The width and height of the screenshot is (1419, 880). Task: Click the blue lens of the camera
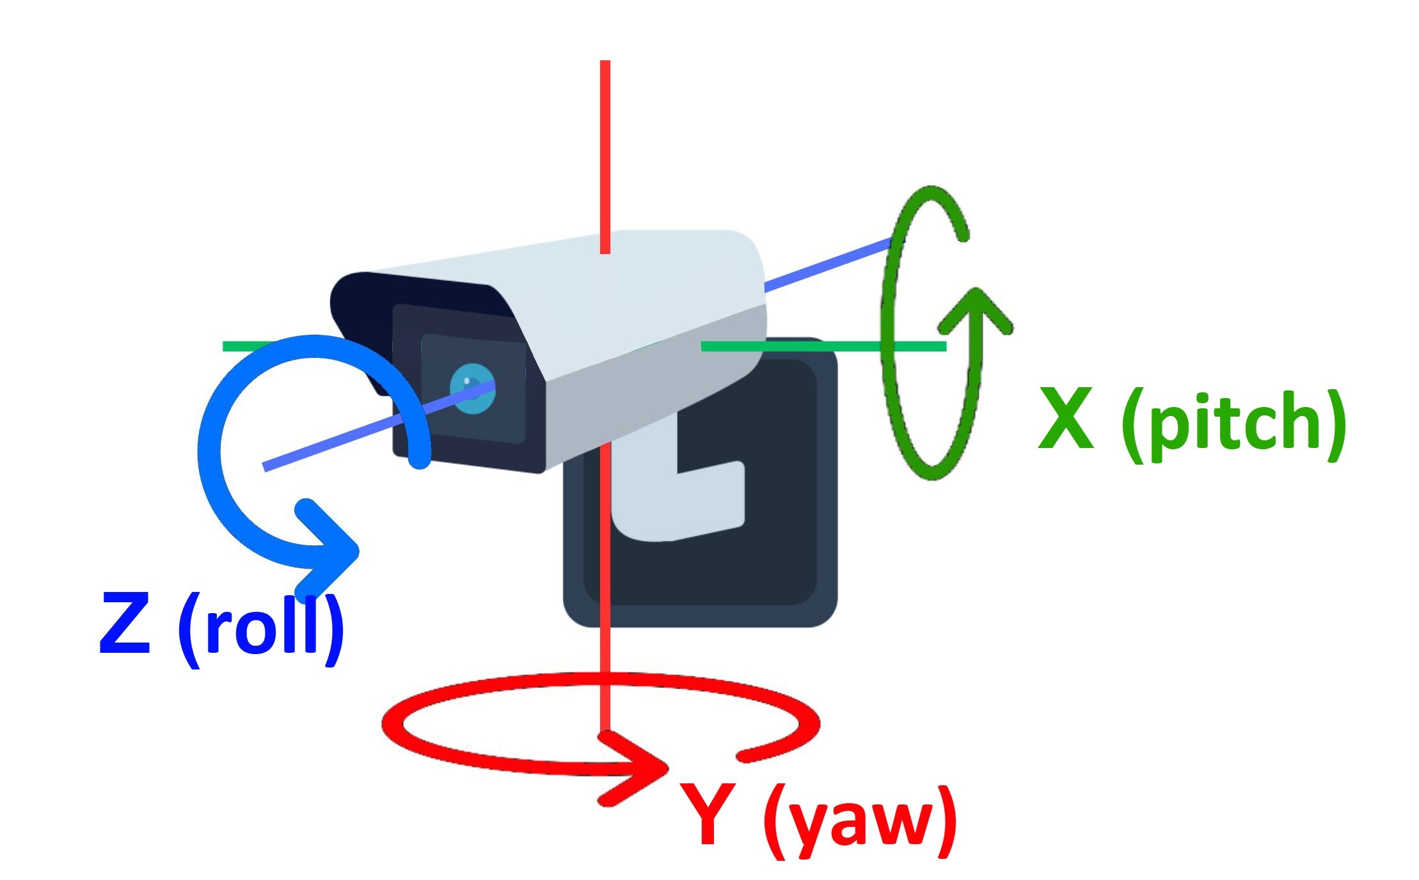473,388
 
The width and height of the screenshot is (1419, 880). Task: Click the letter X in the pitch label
1065,420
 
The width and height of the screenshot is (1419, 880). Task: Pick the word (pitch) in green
1233,424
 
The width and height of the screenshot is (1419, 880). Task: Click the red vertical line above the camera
605,154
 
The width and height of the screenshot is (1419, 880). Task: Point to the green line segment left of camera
246,346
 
